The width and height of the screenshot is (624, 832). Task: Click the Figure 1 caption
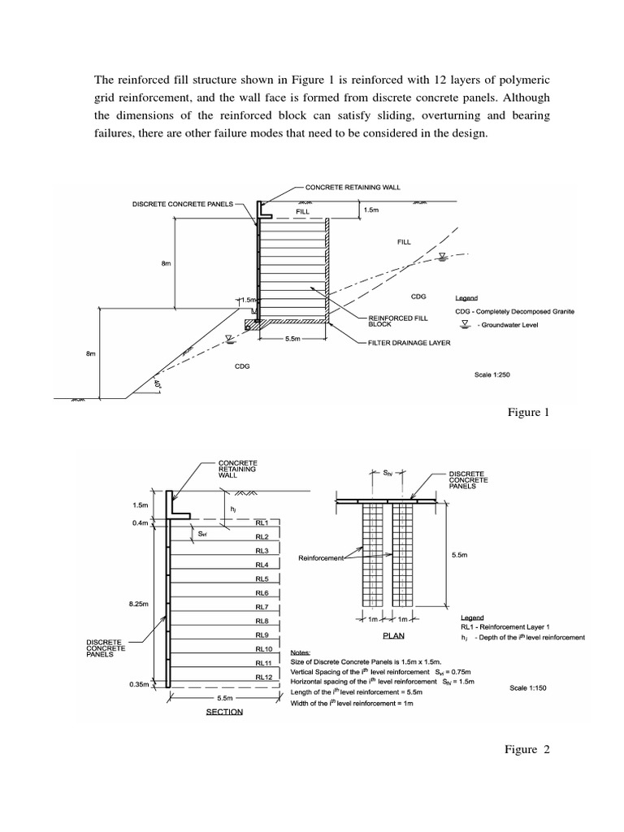529,412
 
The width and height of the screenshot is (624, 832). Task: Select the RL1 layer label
262,523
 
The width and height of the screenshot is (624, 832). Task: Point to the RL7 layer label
262,607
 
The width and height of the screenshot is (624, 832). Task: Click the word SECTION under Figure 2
224,712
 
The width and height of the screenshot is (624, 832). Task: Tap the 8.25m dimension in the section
141,604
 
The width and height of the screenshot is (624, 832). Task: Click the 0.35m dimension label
141,684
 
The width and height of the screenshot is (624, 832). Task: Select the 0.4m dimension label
141,522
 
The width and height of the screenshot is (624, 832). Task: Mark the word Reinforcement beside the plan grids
320,558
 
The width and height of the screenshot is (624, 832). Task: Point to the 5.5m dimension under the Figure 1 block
293,340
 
